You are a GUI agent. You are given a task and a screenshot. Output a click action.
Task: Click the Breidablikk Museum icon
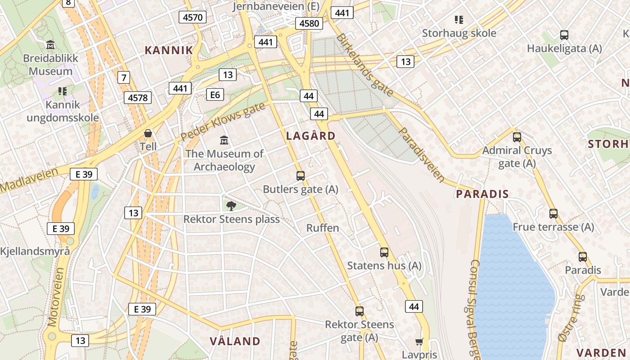50,45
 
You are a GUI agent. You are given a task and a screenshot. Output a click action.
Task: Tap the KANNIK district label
169,50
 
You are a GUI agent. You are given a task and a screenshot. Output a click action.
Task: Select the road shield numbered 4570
193,18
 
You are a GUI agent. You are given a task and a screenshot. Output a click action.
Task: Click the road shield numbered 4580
309,23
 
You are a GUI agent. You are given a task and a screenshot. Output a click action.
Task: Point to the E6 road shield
215,94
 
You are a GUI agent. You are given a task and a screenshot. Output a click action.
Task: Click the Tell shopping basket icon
148,134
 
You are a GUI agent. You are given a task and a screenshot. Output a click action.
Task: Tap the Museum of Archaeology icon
224,140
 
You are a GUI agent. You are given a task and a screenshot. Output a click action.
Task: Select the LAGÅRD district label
311,136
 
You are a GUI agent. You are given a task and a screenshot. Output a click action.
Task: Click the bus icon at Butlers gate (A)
300,176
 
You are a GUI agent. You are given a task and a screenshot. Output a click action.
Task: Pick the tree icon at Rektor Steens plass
231,206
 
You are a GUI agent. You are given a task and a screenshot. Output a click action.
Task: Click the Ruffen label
323,228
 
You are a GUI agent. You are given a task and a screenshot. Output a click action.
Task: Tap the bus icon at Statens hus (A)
384,252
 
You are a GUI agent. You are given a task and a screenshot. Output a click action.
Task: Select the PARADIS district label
482,194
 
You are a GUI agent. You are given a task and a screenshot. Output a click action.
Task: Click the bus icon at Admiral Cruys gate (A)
517,137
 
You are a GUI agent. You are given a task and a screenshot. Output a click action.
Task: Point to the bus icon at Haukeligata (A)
564,35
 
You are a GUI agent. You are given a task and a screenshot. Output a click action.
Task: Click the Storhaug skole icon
459,20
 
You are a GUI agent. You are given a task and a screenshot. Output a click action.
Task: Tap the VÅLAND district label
235,341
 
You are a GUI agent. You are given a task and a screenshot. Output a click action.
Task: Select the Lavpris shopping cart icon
419,342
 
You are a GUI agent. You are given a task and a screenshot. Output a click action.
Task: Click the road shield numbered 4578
138,98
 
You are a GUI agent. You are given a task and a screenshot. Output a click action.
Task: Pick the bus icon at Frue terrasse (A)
553,214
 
